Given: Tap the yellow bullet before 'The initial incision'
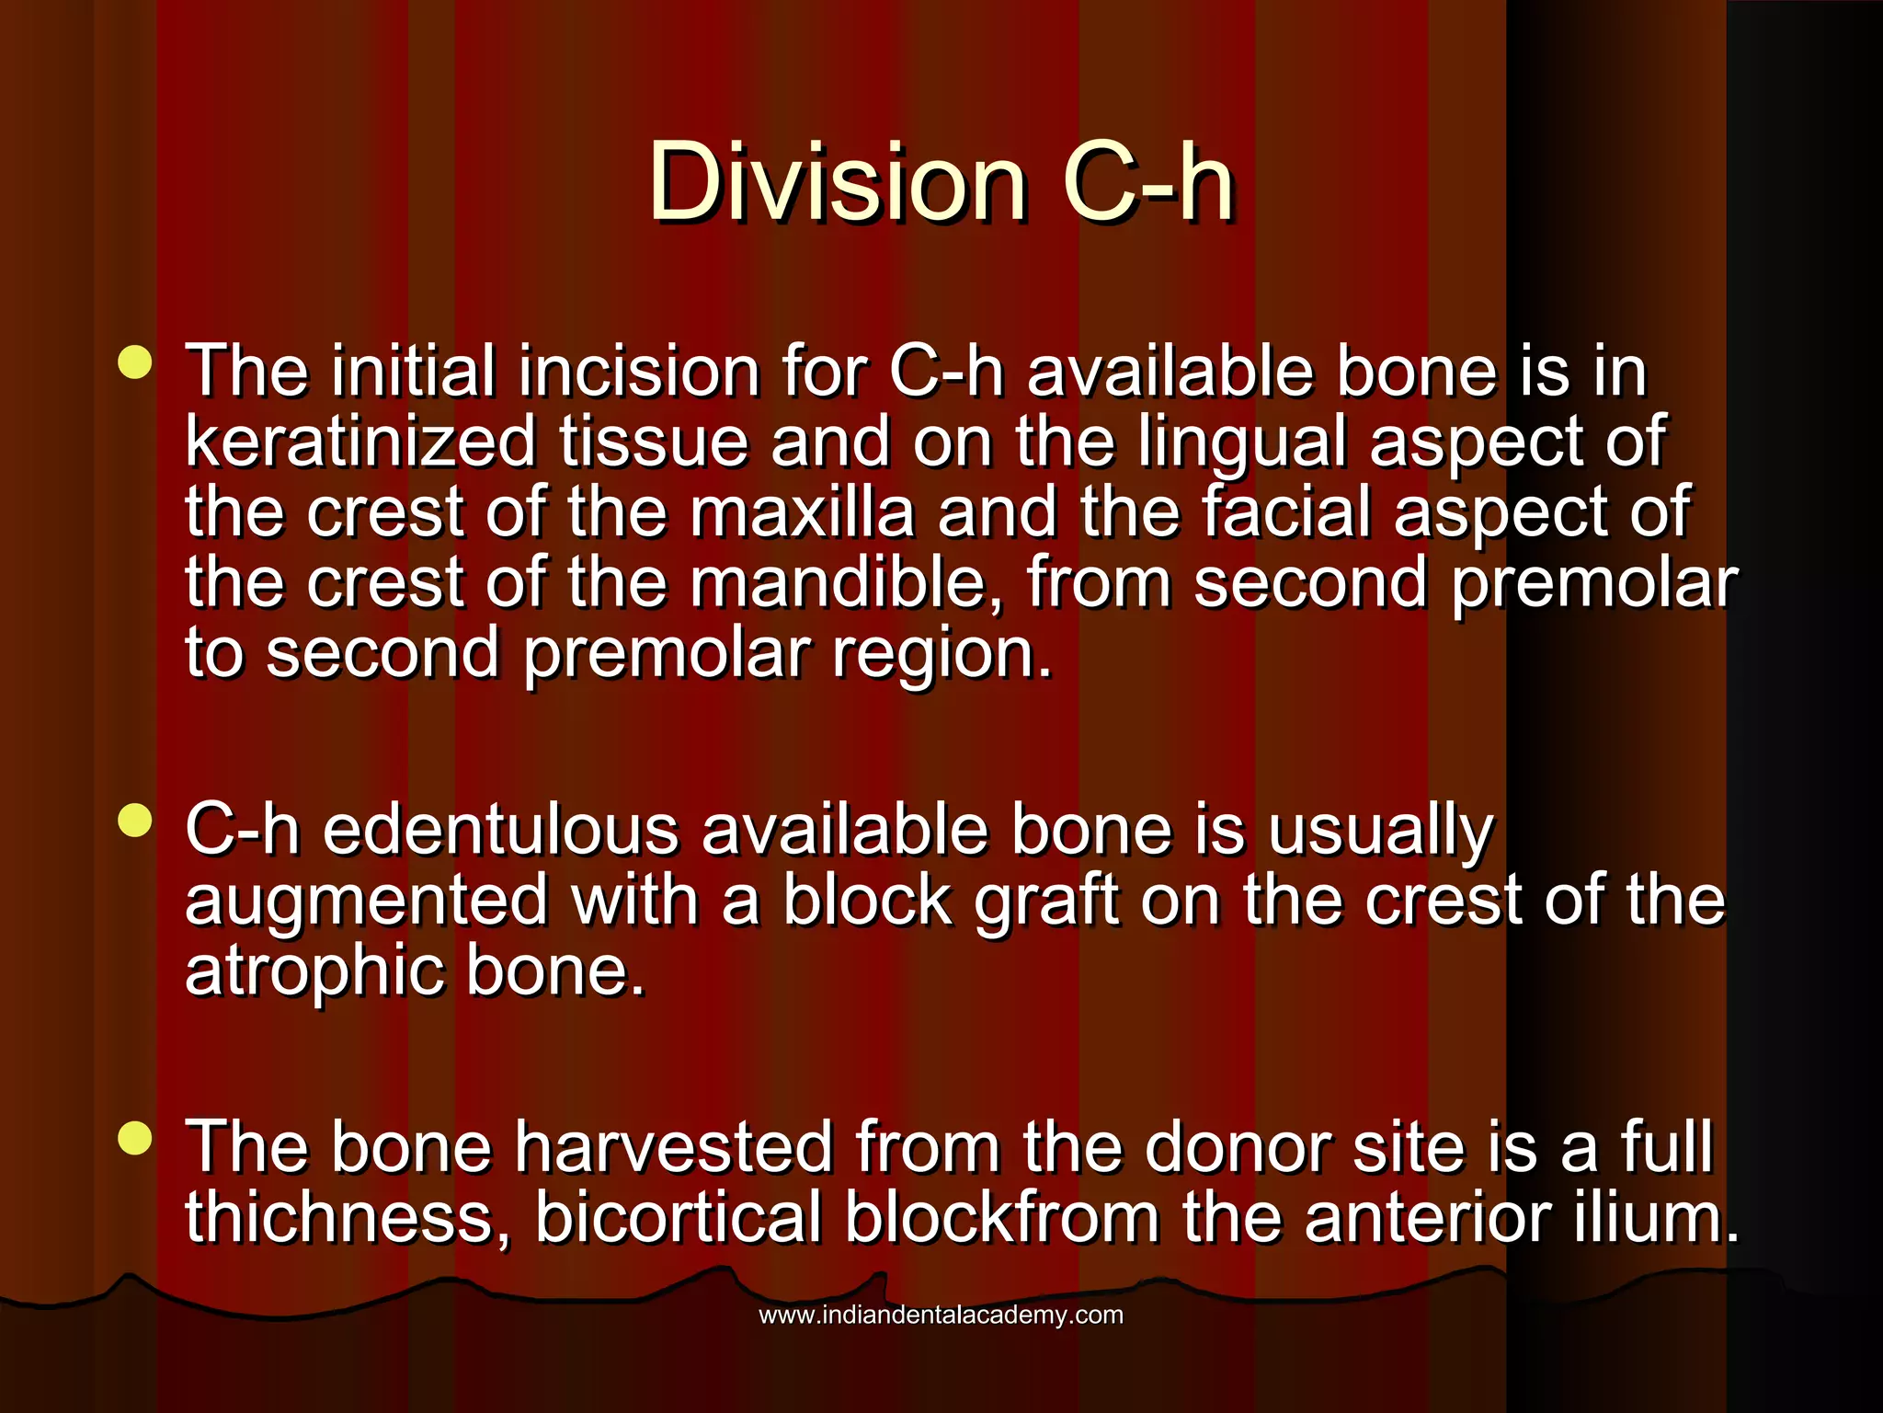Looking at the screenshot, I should point(135,362).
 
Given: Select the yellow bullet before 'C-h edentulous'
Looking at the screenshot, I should point(135,821).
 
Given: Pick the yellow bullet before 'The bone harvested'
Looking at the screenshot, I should point(135,1139).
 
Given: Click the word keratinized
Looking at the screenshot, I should point(360,442).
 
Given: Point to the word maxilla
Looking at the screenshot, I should point(802,512).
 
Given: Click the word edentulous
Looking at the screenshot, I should point(501,831).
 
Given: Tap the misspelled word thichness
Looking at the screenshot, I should point(348,1218).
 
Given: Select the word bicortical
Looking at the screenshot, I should point(679,1218).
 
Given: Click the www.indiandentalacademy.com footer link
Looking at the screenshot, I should point(941,1315).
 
